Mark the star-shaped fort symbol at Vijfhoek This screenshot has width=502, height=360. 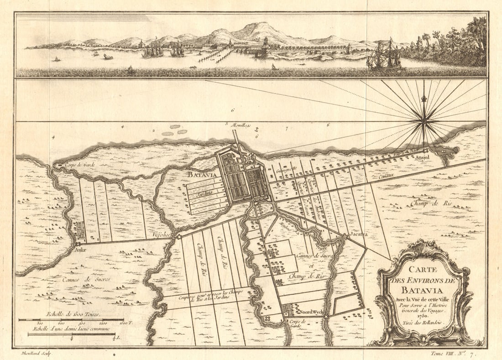pyautogui.click(x=179, y=237)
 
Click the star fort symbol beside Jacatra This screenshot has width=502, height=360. pyautogui.click(x=345, y=236)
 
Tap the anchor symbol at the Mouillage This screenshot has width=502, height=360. pyautogui.click(x=256, y=130)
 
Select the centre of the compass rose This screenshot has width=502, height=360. pyautogui.click(x=424, y=120)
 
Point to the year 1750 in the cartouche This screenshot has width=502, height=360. pyautogui.click(x=422, y=316)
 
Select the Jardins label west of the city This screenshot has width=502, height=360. pyautogui.click(x=205, y=193)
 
